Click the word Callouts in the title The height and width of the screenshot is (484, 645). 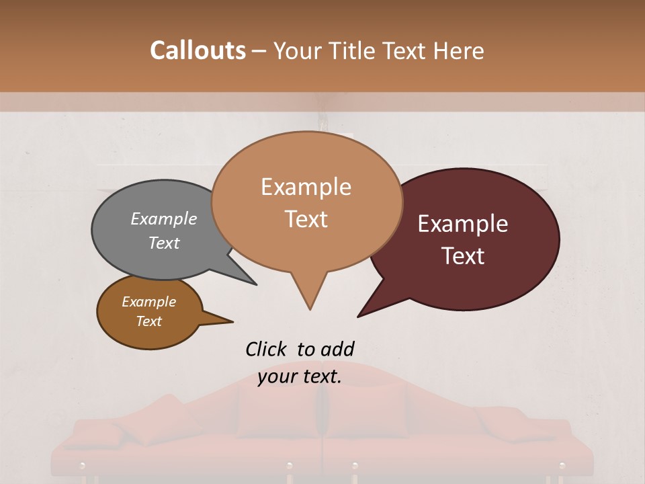click(198, 50)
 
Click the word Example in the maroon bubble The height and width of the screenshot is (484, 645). click(463, 224)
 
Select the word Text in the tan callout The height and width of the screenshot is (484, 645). click(306, 219)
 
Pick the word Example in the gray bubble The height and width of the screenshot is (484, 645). click(163, 218)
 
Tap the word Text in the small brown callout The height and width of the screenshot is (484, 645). click(149, 321)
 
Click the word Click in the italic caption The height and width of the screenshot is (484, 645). click(265, 349)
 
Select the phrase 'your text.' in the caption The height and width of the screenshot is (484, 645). click(300, 376)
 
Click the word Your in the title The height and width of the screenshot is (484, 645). click(296, 50)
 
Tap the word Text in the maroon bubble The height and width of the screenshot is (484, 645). click(464, 256)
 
